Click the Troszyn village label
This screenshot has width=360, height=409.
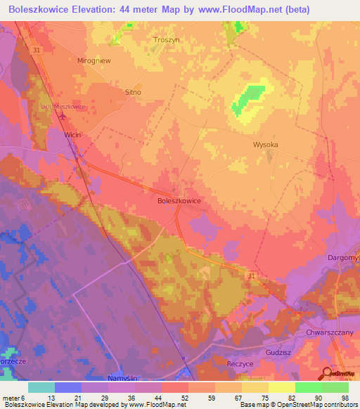(167, 40)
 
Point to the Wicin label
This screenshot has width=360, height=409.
(72, 133)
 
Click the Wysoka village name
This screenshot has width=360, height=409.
(265, 145)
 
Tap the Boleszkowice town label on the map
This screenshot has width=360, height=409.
(179, 200)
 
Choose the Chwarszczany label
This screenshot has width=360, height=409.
(328, 332)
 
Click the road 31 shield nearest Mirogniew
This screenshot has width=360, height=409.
(35, 49)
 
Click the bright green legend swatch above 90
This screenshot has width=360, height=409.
(308, 387)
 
